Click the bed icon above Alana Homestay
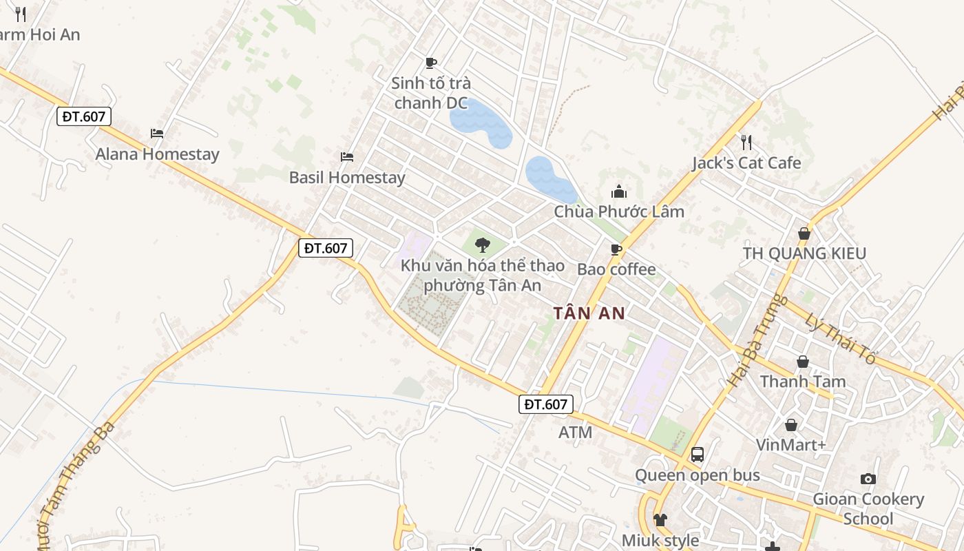coord(157,134)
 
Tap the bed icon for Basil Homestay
coord(347,157)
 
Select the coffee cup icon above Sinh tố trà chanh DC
coord(431,63)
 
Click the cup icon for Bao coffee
coord(616,249)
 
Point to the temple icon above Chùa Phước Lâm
coord(619,191)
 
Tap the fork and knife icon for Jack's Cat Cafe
coord(746,143)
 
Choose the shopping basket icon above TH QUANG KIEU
coord(804,233)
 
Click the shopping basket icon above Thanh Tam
coord(802,362)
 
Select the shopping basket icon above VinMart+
coord(791,425)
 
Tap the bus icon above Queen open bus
coord(698,455)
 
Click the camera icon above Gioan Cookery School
coord(868,479)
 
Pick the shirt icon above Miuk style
coord(660,520)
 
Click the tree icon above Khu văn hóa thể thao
coord(483,245)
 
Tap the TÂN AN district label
coord(589,314)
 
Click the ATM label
coord(576,433)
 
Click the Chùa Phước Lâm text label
coord(619,211)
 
